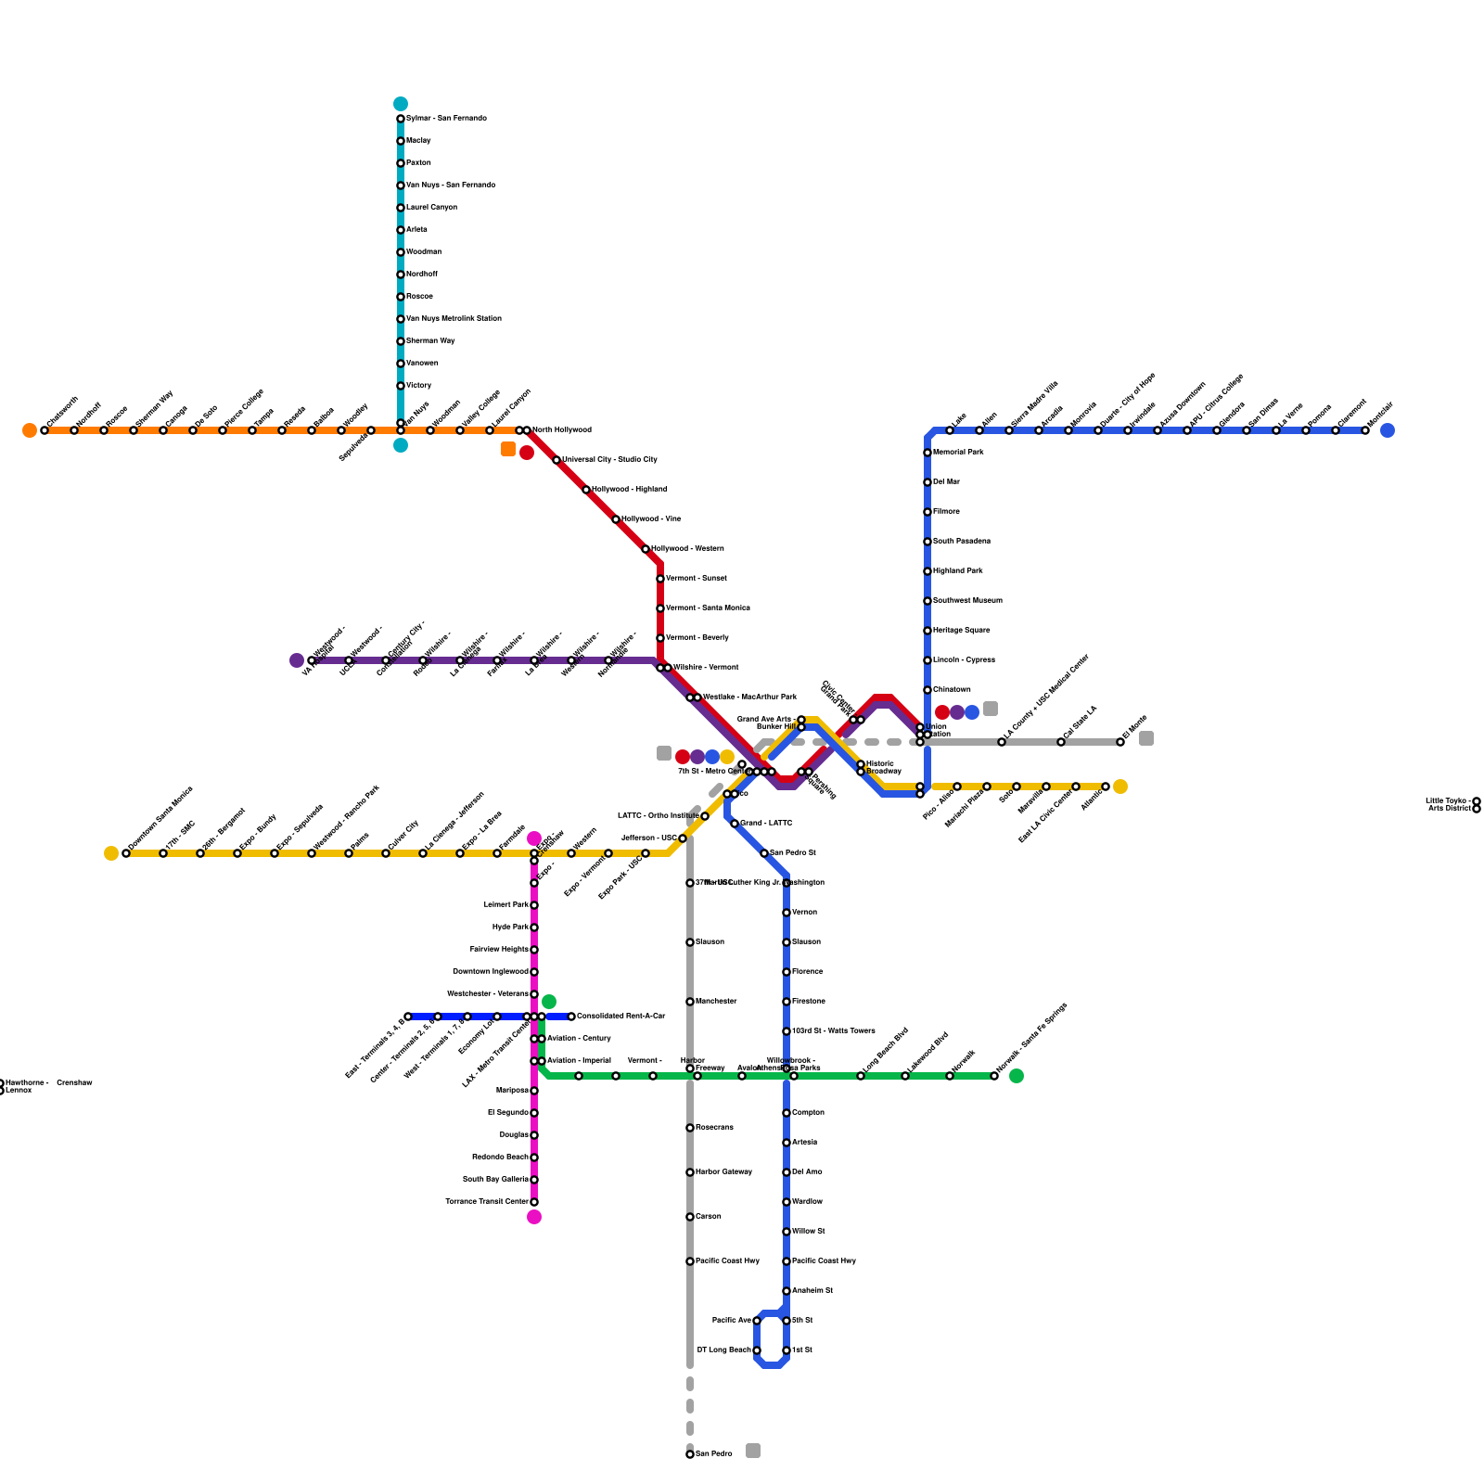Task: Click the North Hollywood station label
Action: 561,430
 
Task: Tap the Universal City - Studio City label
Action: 609,460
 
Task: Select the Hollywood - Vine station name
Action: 651,519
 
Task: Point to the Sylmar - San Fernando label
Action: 446,119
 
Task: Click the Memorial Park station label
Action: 958,453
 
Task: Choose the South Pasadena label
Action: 962,542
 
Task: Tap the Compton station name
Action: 808,1113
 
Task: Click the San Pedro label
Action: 714,1454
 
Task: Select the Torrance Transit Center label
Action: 487,1202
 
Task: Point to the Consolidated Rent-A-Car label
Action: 620,1017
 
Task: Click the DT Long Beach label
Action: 724,1350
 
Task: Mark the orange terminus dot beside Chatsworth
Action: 30,430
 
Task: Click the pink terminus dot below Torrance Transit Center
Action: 534,1217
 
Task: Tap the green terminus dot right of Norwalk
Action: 1017,1076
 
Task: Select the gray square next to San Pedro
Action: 753,1451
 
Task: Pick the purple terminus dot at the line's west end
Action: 297,660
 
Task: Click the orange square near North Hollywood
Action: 508,449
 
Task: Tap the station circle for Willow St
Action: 787,1232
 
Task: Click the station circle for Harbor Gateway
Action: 690,1172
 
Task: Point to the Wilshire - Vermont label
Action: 706,668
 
